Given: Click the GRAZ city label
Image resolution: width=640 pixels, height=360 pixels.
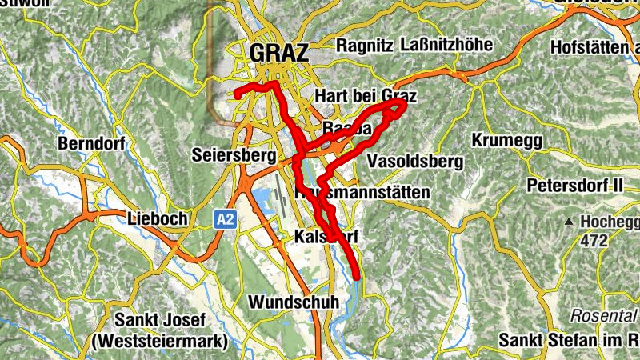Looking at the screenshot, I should coord(278,53).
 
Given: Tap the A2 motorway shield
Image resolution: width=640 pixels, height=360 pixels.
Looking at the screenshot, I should coord(225,218).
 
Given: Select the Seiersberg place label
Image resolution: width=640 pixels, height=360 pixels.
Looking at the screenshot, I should coord(234,154).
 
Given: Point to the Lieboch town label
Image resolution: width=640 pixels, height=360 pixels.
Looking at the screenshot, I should coord(158,218).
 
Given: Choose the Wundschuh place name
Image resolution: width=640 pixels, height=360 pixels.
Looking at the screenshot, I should coord(294,302).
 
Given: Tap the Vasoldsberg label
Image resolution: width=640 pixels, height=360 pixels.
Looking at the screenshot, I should coord(414,162).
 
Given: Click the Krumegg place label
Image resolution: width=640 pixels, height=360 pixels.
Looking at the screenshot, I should coord(506,141).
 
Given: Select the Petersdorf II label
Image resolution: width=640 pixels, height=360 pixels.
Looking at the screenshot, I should coord(574,186).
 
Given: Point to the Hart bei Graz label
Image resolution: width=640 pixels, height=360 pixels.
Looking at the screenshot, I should coord(366,97).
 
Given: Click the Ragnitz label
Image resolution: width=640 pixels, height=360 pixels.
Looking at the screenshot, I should coord(365,46).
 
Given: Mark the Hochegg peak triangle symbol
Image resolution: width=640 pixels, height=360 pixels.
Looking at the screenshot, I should coord(569,221).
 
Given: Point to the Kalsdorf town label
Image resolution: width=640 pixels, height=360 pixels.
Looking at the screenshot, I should coord(326,237).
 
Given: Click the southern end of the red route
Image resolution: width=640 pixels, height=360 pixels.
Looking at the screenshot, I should coord(357,277).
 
